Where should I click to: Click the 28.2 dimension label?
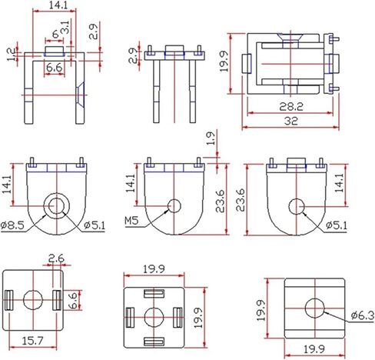(x=291, y=106)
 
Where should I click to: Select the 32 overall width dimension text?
(x=291, y=121)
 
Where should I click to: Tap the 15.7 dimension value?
(x=33, y=341)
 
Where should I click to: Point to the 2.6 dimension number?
(x=56, y=258)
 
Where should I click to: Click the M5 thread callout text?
(x=131, y=221)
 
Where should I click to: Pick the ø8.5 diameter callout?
(x=12, y=225)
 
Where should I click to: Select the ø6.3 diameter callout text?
(x=363, y=315)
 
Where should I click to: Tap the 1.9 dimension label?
(x=211, y=138)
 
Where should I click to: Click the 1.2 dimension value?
(x=11, y=55)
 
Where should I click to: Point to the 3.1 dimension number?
(x=65, y=27)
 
